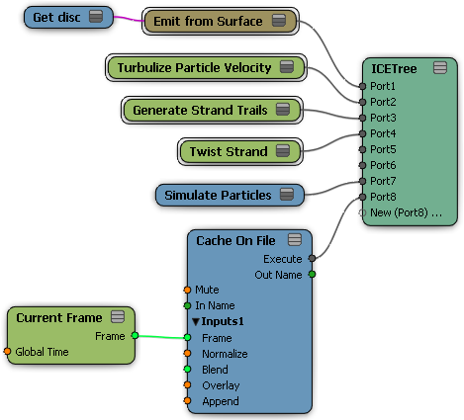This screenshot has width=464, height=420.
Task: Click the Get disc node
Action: pos(68,17)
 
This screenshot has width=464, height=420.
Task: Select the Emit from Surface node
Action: pos(221,22)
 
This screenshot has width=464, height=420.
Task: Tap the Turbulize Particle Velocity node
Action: pos(206,68)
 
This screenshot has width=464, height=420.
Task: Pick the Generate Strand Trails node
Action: pos(212,110)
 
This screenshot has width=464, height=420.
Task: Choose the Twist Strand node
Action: pos(240,151)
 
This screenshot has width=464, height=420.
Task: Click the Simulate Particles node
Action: pos(230,195)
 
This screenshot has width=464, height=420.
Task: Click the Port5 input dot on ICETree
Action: pos(362,149)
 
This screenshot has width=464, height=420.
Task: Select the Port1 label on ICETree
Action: pos(383,86)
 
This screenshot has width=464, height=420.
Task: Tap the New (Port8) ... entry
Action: pos(406,212)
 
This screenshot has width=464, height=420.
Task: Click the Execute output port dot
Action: pos(312,259)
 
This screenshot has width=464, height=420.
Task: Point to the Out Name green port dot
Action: pos(312,274)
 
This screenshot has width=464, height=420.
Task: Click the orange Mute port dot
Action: pos(187,290)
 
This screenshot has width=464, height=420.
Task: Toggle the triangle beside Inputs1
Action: pos(196,321)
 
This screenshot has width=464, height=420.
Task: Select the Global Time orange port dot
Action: pos(7,352)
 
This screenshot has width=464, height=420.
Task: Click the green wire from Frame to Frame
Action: pos(161,337)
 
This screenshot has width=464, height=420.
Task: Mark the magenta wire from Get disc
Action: pos(129,19)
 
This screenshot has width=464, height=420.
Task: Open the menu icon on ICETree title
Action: pos(440,67)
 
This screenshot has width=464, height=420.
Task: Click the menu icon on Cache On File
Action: pos(295,240)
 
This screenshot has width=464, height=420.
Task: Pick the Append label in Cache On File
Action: pos(221,401)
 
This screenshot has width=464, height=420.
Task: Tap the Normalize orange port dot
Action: pos(187,354)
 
